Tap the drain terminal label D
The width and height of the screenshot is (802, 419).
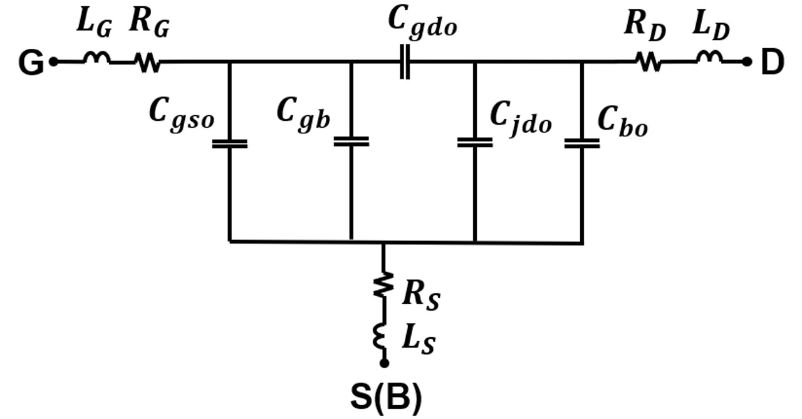pyautogui.click(x=771, y=63)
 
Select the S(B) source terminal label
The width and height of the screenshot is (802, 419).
pyautogui.click(x=384, y=398)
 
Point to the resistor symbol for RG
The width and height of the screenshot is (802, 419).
pyautogui.click(x=148, y=62)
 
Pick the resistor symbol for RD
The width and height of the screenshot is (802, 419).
pyautogui.click(x=649, y=62)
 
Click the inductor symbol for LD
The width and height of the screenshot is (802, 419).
pyautogui.click(x=709, y=59)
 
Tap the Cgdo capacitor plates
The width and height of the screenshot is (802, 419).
pyautogui.click(x=405, y=62)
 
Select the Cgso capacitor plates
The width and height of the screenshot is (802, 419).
pyautogui.click(x=229, y=143)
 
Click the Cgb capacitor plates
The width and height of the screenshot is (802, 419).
pyautogui.click(x=351, y=141)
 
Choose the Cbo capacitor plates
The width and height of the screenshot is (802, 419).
pyautogui.click(x=581, y=143)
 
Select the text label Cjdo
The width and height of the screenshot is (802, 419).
pyautogui.click(x=521, y=118)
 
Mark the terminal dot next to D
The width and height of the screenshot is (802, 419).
pyautogui.click(x=746, y=61)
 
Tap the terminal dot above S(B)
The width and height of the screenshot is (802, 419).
pyautogui.click(x=384, y=363)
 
